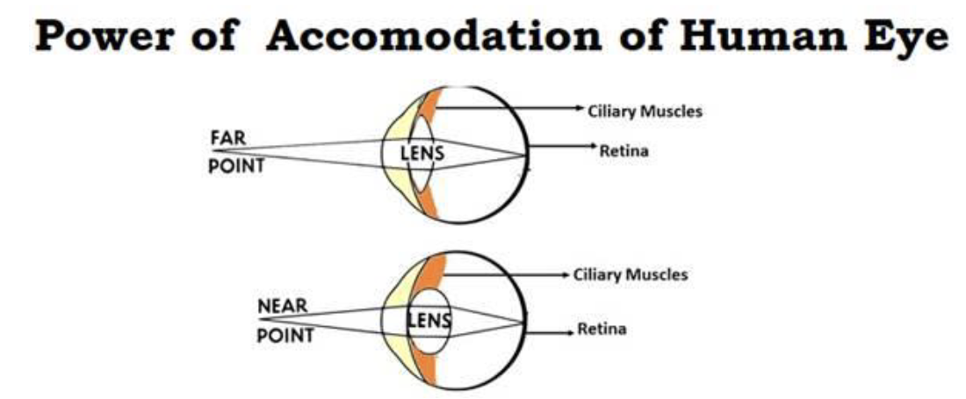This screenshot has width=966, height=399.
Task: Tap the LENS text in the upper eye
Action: (x=422, y=154)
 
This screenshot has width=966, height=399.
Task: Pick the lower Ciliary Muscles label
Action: (x=631, y=275)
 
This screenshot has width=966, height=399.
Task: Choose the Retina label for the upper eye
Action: (x=624, y=151)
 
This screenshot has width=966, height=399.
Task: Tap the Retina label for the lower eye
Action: (x=602, y=330)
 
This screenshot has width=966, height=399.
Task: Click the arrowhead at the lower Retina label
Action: (x=570, y=332)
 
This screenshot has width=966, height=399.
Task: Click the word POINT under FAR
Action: (x=235, y=166)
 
